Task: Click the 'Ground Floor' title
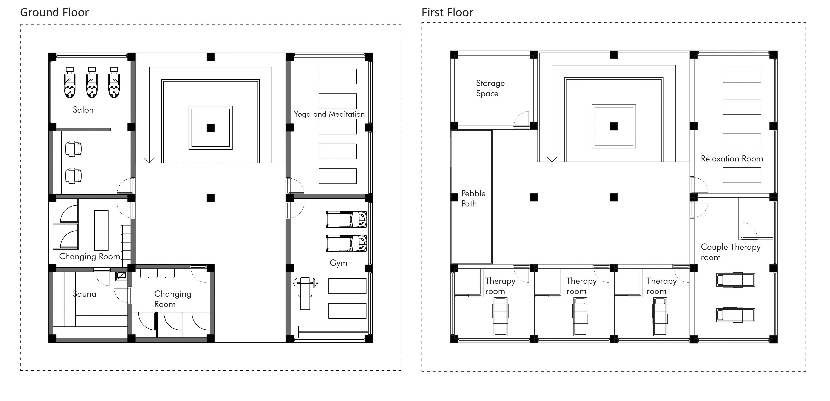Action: point(54,12)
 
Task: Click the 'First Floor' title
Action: point(447,12)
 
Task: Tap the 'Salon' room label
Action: point(83,110)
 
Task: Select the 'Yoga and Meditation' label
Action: point(329,114)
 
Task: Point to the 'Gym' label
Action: point(338,263)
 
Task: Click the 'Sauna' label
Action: point(84,294)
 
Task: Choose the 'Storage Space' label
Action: point(490,88)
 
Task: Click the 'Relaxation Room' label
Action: point(732,159)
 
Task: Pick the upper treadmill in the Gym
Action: point(346,220)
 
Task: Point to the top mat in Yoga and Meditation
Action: point(337,76)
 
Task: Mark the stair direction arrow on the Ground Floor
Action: point(149,160)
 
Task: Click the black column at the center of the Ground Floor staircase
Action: point(210,128)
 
